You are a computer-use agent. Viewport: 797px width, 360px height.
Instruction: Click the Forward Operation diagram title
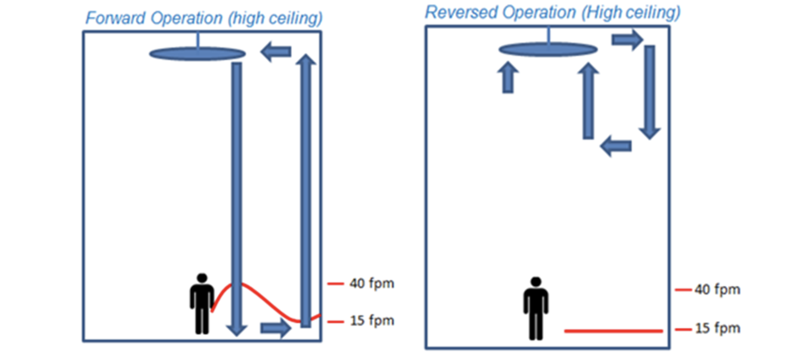[x=204, y=18]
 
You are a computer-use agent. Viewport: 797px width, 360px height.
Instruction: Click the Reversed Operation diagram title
[x=552, y=12]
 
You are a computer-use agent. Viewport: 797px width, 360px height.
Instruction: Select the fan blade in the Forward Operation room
[x=197, y=54]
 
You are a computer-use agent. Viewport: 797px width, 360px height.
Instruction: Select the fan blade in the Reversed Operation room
[x=548, y=49]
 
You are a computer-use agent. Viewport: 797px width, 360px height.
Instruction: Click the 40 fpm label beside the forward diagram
[x=371, y=284]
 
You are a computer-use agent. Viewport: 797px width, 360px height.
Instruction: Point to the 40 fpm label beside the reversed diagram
[x=717, y=289]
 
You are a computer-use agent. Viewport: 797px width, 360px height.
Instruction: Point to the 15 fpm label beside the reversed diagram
[x=718, y=328]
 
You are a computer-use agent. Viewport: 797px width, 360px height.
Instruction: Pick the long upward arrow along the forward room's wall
[x=306, y=190]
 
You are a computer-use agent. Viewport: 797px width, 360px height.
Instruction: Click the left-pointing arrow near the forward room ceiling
[x=276, y=52]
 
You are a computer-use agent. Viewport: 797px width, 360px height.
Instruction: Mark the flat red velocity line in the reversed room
[x=613, y=331]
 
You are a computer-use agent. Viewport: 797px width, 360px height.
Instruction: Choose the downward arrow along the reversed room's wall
[x=650, y=91]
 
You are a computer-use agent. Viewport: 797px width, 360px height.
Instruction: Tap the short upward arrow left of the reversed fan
[x=508, y=78]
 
